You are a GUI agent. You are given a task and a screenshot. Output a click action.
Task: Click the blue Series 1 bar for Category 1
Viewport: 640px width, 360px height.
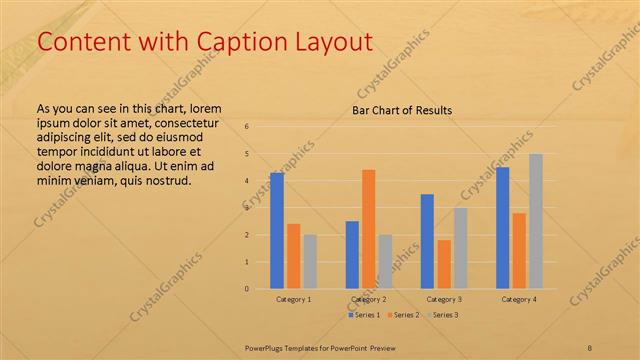coord(277,231)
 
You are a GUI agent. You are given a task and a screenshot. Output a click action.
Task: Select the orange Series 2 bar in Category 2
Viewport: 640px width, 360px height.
coord(368,229)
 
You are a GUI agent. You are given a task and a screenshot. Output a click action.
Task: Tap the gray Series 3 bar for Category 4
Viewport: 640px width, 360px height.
coord(536,221)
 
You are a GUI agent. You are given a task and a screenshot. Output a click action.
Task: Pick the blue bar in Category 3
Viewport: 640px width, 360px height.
coord(427,241)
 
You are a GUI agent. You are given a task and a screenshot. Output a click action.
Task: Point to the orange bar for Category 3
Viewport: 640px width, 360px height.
coord(444,264)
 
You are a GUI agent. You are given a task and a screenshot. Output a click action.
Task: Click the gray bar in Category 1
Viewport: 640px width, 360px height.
coord(310,262)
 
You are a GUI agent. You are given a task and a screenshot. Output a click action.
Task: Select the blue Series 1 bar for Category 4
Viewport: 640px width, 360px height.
coord(503,228)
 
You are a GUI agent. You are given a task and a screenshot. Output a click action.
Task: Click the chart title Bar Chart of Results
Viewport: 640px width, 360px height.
coord(402,110)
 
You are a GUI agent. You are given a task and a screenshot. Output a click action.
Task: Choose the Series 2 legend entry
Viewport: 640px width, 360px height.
coord(402,315)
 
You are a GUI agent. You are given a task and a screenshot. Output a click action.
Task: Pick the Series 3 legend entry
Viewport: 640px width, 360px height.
coord(444,315)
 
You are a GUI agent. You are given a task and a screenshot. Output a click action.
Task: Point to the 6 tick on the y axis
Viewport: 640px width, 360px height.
coord(247,127)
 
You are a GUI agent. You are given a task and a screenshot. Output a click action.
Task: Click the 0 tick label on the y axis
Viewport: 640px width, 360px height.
coord(247,289)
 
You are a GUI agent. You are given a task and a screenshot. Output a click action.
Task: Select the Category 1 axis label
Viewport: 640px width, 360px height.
coord(294,299)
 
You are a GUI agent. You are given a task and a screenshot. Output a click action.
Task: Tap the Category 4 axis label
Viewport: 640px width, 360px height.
coord(519,299)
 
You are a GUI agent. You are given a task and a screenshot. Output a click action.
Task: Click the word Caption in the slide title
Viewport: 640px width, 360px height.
coord(224,42)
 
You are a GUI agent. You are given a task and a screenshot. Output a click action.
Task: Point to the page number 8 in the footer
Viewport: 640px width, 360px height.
coord(590,347)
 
